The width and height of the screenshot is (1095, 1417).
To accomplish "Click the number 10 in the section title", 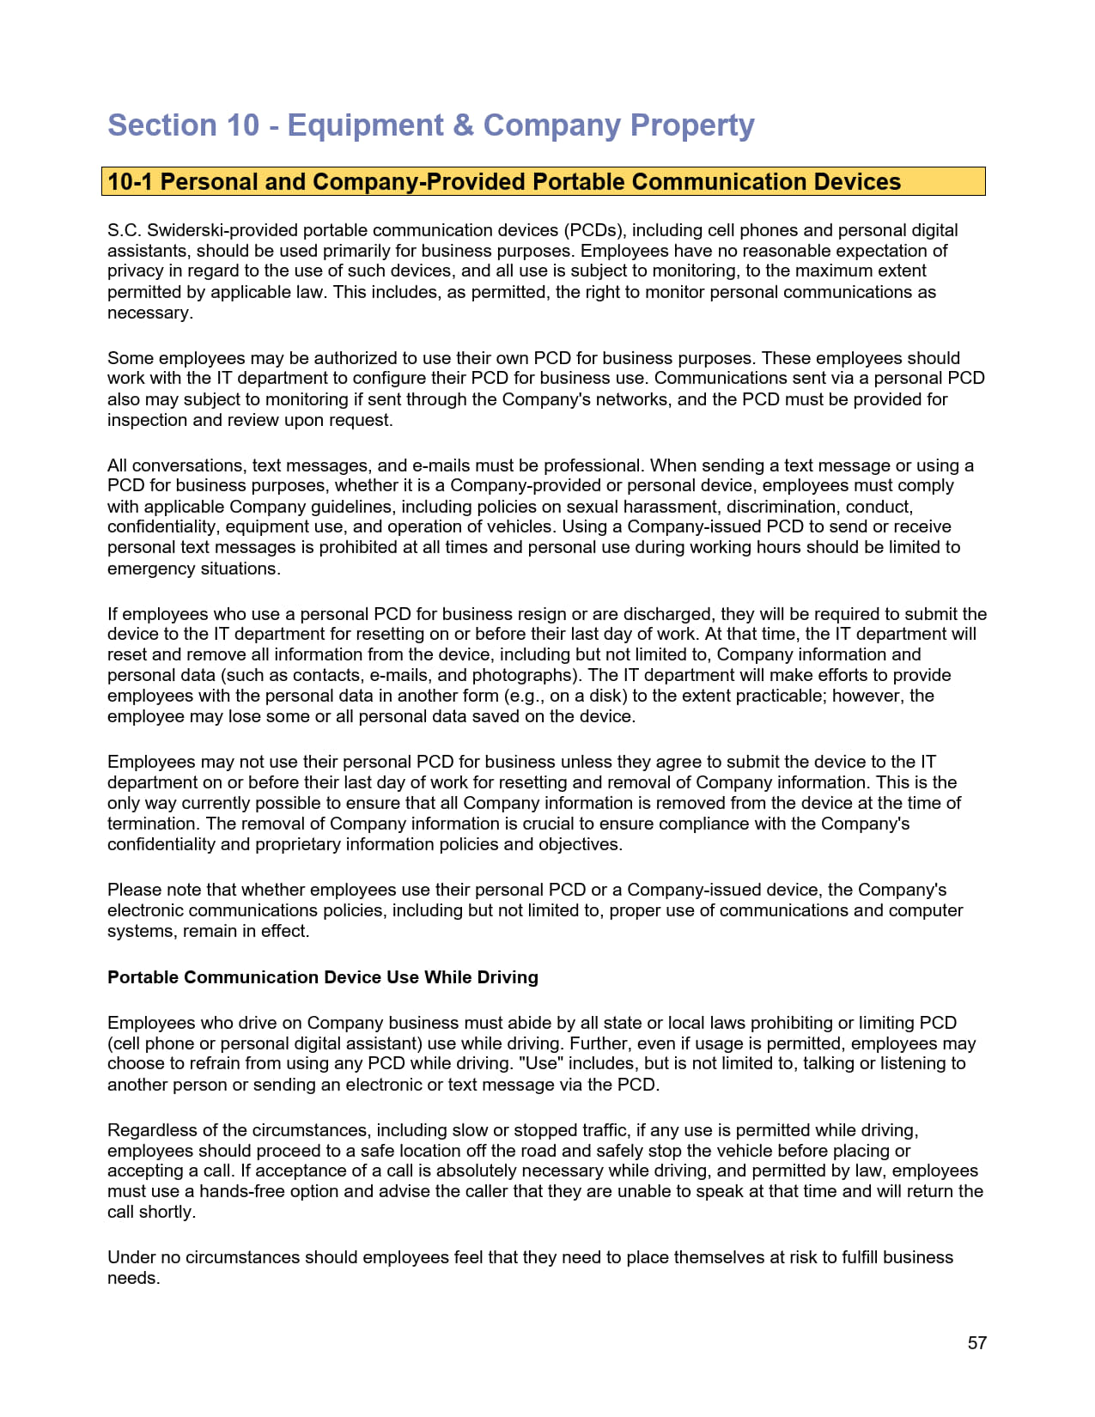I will tap(243, 125).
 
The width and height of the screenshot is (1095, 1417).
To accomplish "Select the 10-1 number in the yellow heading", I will tap(131, 182).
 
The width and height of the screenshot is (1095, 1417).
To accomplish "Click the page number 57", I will tap(976, 1343).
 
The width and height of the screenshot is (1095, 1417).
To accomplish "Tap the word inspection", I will tap(147, 420).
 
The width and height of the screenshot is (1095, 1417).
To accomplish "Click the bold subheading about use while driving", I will tap(323, 977).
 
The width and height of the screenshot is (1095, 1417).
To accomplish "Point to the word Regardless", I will tap(151, 1130).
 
